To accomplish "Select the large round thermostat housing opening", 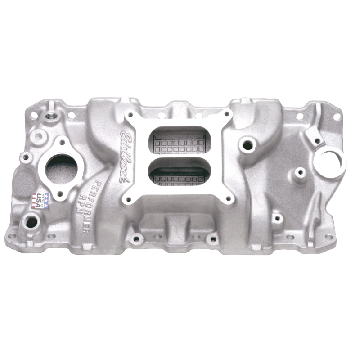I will tap(62, 168).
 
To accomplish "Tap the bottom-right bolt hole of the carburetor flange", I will tap(229, 198).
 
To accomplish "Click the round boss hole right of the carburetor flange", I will tap(247, 145).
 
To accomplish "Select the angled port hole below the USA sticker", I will tap(32, 221).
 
